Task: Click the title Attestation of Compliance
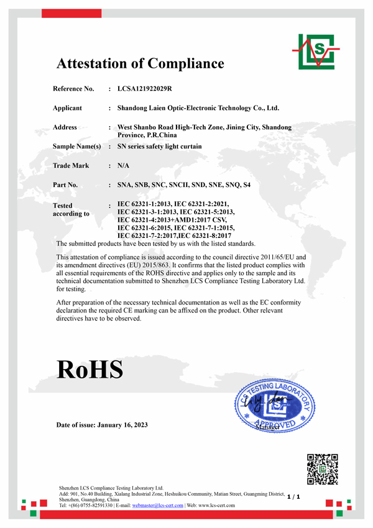140,63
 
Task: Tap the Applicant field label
67,108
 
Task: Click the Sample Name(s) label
76,147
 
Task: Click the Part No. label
65,185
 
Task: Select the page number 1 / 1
294,497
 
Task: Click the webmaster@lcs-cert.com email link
158,506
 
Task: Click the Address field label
65,127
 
